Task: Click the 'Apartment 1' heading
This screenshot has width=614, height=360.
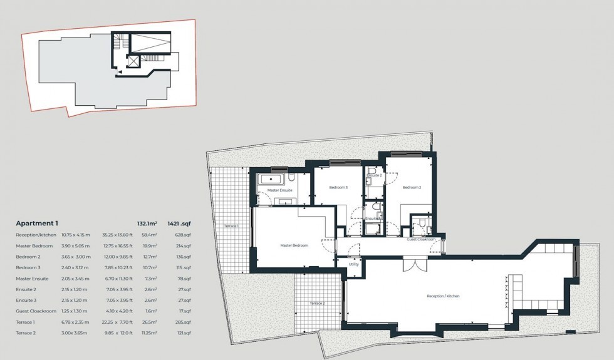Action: pos(37,223)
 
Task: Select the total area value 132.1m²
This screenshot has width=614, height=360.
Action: pos(147,223)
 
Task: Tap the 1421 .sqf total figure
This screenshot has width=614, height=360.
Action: pos(179,223)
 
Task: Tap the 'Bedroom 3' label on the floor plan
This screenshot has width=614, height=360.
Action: pos(338,187)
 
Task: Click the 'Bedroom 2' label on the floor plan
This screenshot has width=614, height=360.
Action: pos(411,187)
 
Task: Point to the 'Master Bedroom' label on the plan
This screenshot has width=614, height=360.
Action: pos(294,245)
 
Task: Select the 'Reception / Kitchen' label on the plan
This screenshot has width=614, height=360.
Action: pos(444,296)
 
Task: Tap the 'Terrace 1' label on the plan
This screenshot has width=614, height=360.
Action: pos(230,225)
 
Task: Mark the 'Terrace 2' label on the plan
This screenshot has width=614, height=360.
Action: pos(316,303)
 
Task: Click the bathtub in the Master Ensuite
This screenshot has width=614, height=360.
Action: pos(274,180)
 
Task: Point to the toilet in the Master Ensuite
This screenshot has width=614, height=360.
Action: pos(298,178)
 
